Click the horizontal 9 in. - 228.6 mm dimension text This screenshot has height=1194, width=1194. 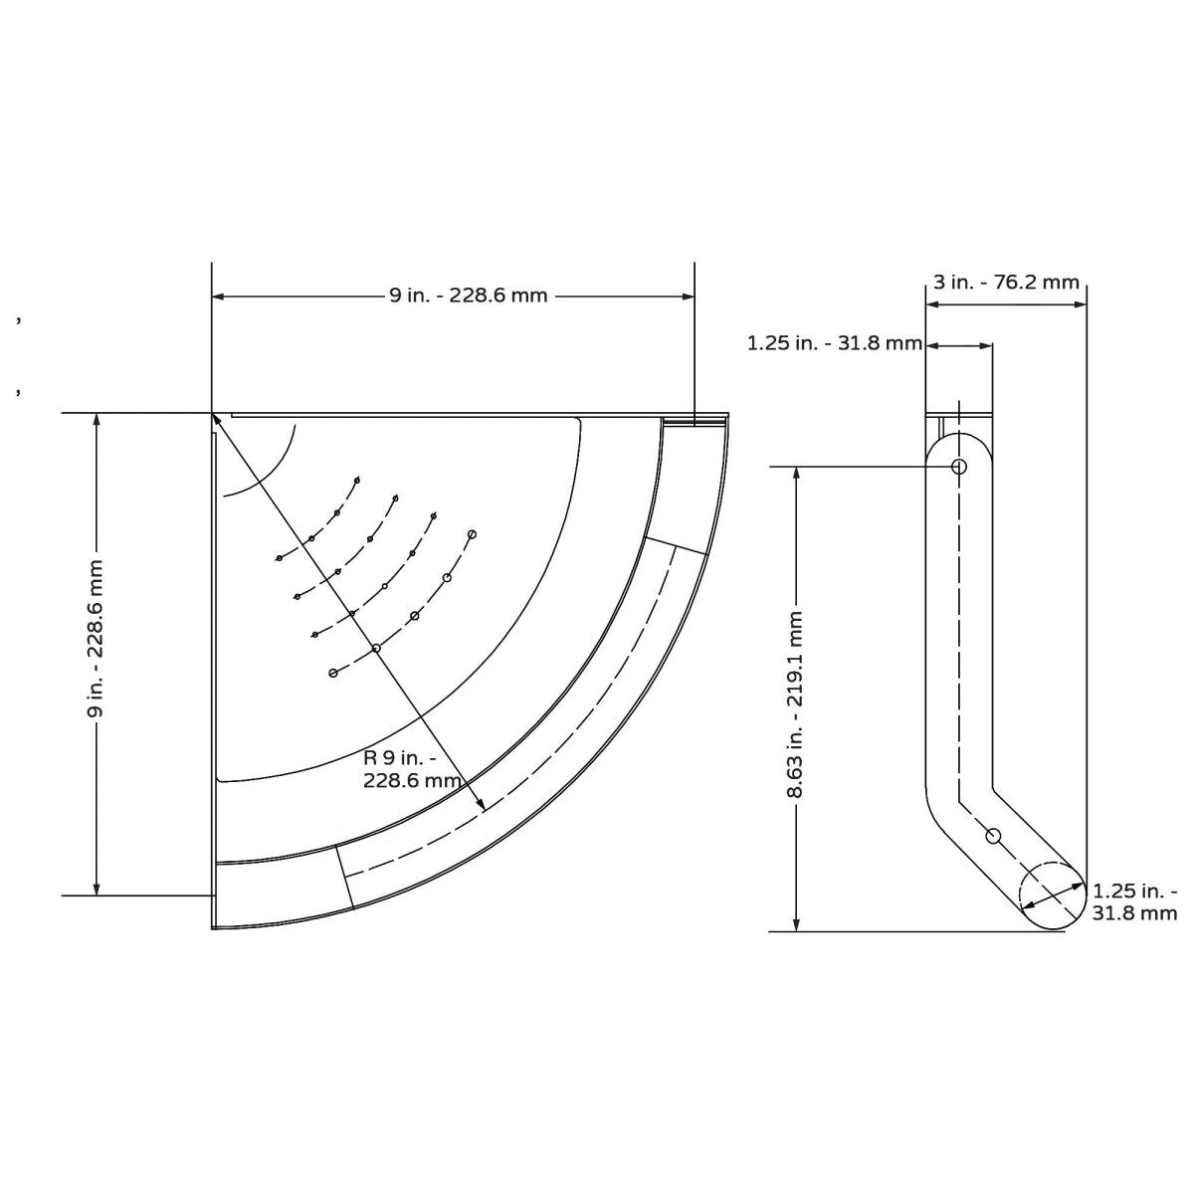[x=468, y=296]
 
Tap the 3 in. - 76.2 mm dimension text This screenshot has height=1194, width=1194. [x=1006, y=282]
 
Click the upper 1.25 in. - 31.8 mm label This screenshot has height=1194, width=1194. [x=834, y=344]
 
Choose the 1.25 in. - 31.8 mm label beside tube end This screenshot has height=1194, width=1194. [x=1134, y=901]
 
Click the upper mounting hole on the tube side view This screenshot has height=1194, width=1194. [x=959, y=466]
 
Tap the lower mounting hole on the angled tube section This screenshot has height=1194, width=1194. [x=992, y=835]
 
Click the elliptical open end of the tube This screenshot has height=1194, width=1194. [x=1052, y=895]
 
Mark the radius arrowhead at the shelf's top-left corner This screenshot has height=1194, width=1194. [x=218, y=423]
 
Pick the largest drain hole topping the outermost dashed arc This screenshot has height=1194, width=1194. [x=472, y=534]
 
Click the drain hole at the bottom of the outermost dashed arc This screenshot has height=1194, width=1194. [x=333, y=674]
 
